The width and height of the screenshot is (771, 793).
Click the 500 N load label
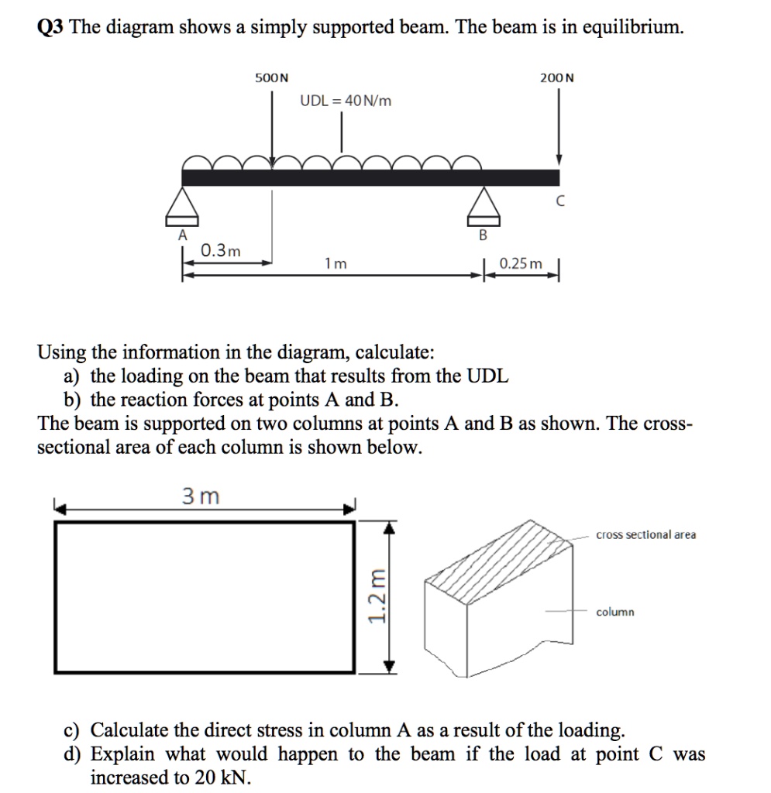(271, 77)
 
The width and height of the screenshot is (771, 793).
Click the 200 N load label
(558, 77)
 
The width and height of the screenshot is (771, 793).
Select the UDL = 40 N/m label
(346, 101)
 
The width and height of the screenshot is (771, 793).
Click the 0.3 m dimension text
(220, 250)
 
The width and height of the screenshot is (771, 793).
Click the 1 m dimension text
(336, 264)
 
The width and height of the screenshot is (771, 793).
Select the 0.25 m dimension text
(521, 264)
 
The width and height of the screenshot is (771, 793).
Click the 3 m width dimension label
(201, 496)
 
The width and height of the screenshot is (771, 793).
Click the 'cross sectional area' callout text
(645, 534)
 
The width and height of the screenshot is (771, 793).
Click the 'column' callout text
(614, 612)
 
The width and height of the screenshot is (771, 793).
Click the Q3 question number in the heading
(51, 29)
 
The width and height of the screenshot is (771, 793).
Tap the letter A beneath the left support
(183, 235)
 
